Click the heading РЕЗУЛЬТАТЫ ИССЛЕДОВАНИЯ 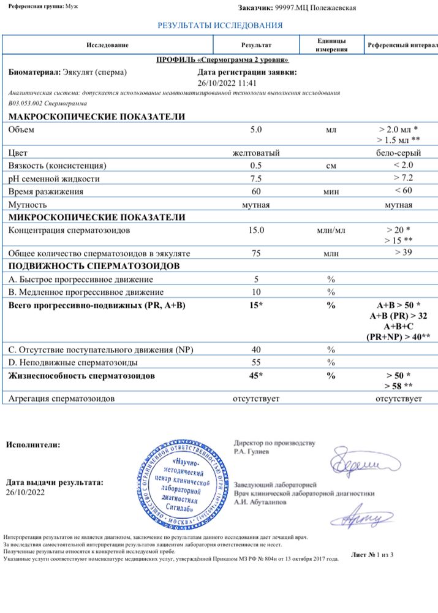pyautogui.click(x=220, y=26)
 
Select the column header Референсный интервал pyautogui.click(x=402, y=46)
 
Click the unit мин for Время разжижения pyautogui.click(x=331, y=192)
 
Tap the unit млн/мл pyautogui.click(x=331, y=230)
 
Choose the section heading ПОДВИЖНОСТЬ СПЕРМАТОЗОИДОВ pyautogui.click(x=94, y=266)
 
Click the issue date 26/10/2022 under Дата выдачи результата pyautogui.click(x=25, y=492)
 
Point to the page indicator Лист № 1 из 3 pyautogui.click(x=372, y=555)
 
